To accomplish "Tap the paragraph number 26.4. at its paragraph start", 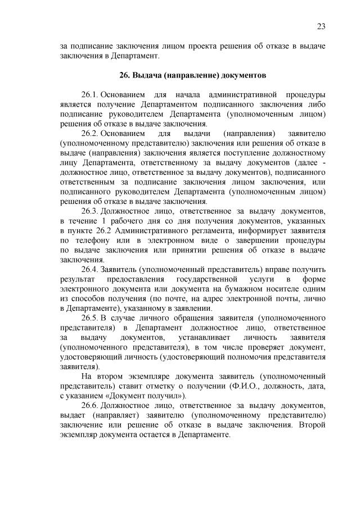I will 90,268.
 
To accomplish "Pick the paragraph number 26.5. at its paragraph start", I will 90,317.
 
